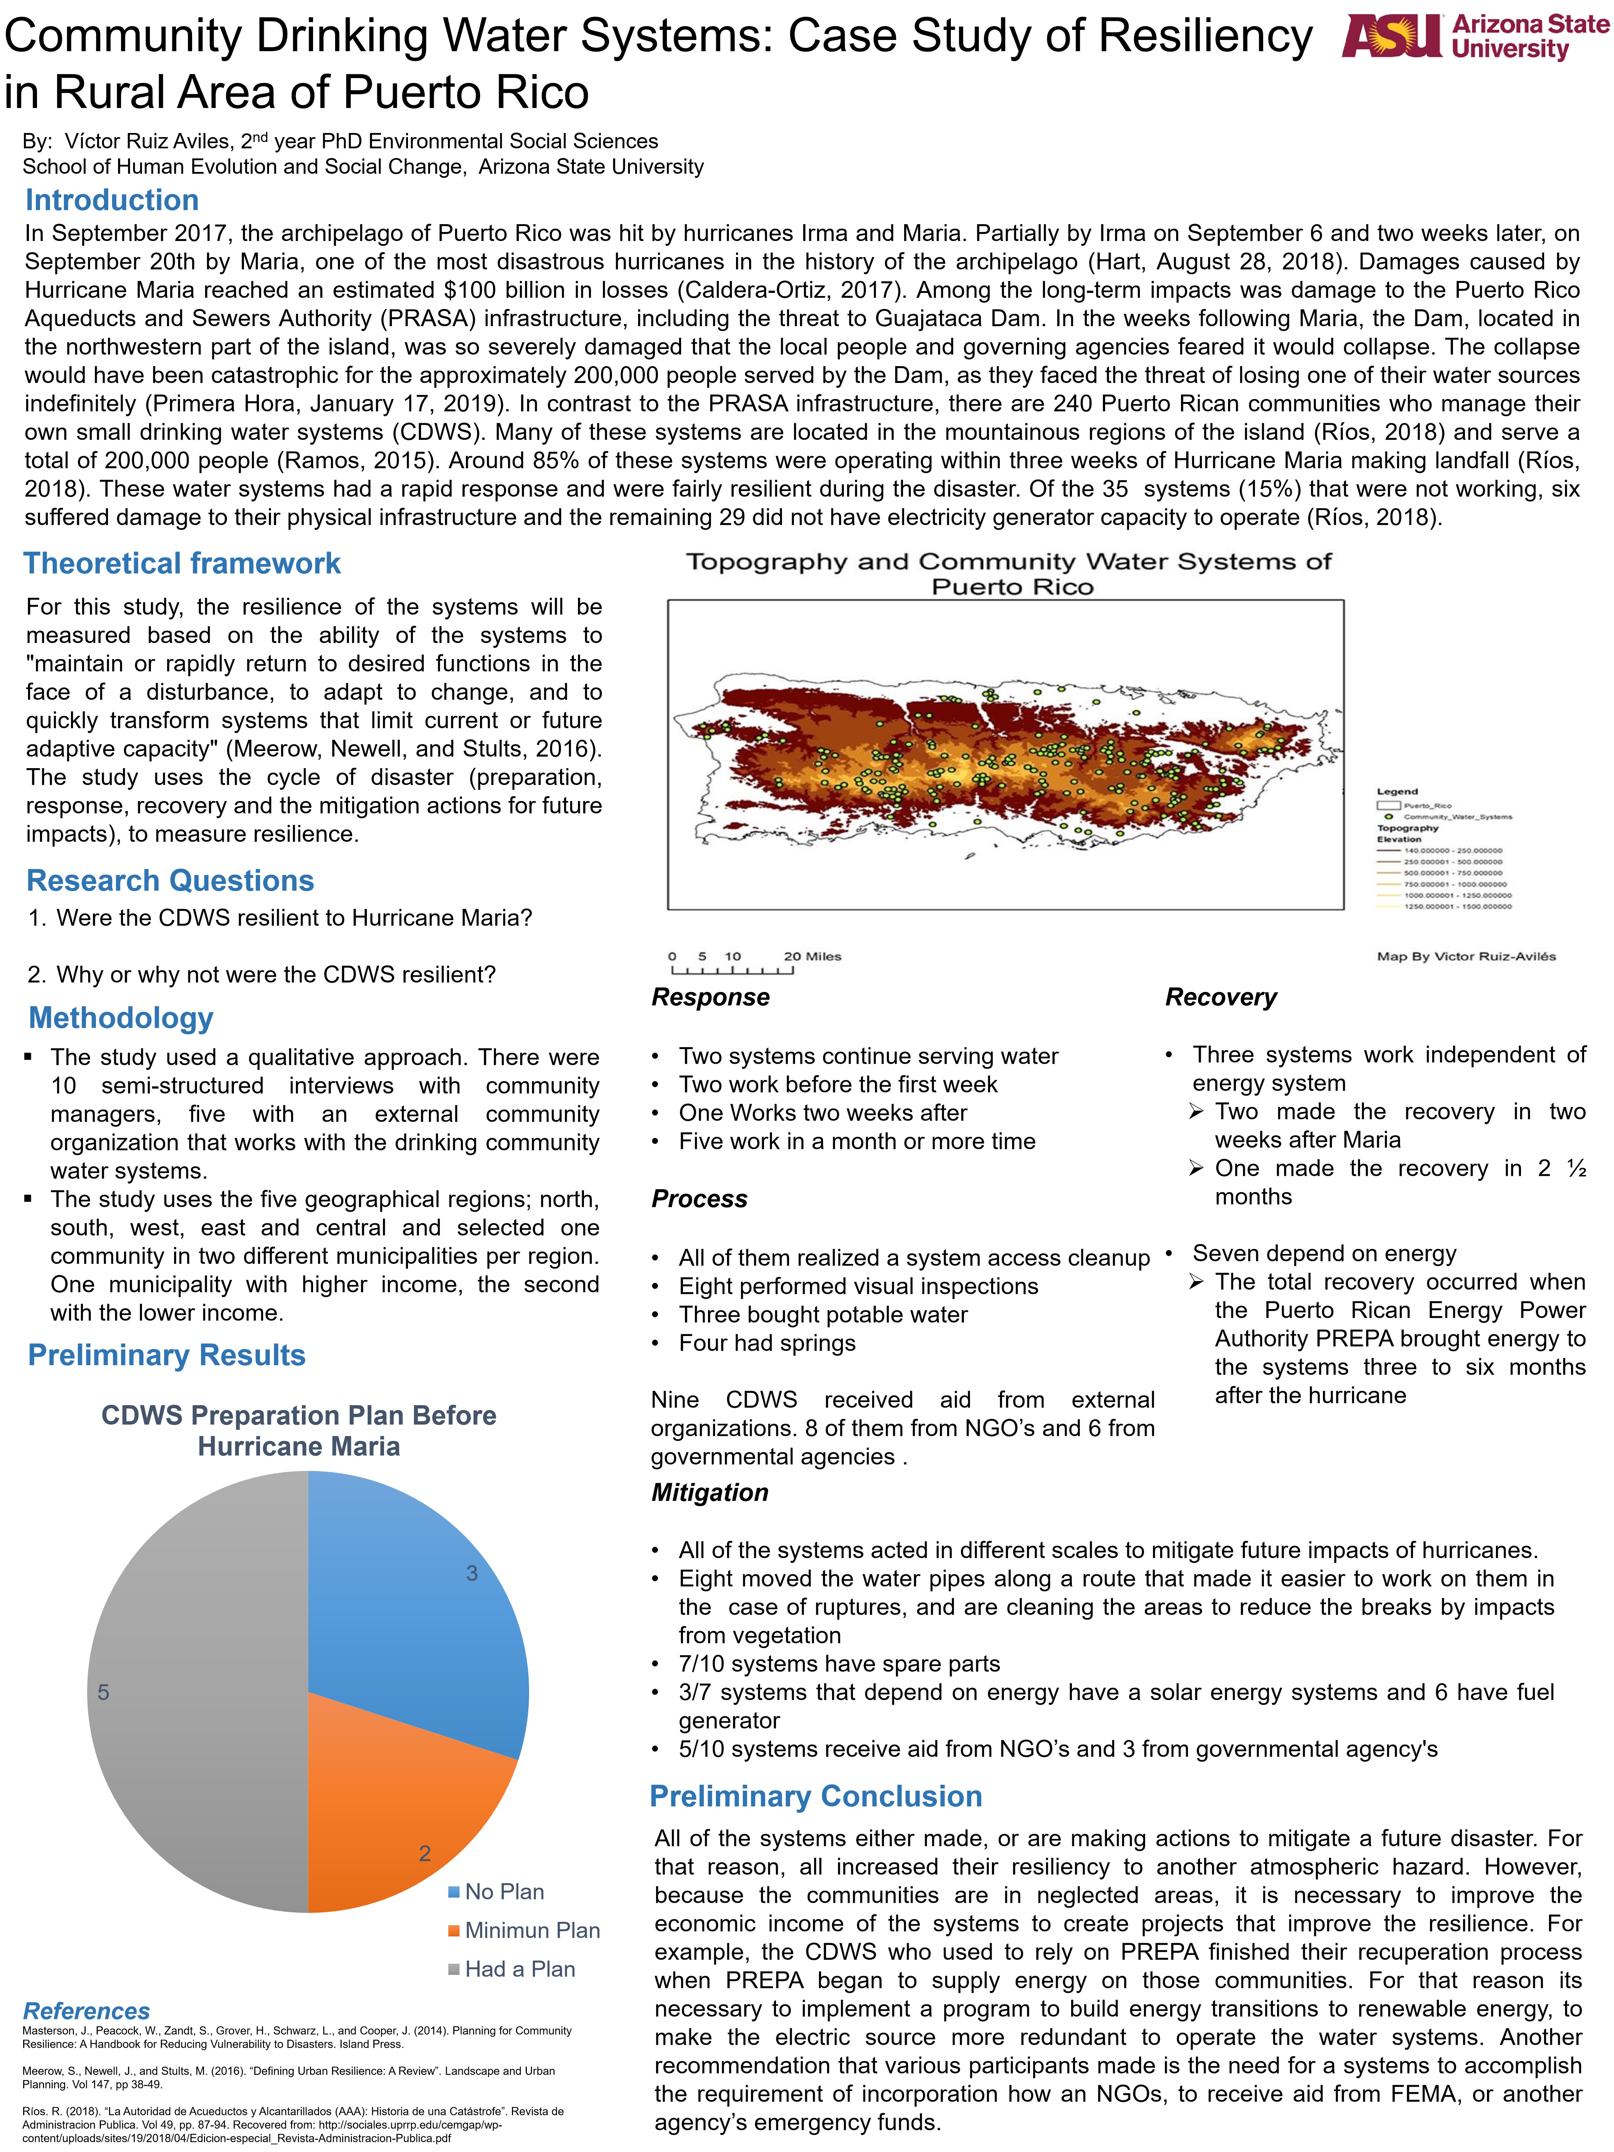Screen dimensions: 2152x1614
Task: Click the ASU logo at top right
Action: [1474, 37]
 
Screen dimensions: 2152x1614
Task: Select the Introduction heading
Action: [112, 200]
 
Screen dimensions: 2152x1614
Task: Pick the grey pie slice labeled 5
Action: [195, 1693]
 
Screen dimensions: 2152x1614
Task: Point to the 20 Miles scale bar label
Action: [812, 956]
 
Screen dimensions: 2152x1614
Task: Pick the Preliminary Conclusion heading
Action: [815, 1796]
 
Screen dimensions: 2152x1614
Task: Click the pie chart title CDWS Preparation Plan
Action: [299, 1430]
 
